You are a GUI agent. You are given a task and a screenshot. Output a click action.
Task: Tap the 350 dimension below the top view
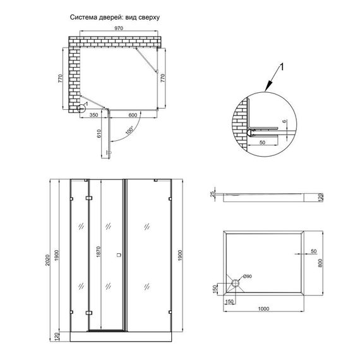[x=93, y=116]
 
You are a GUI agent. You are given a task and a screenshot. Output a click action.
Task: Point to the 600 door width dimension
[x=133, y=116]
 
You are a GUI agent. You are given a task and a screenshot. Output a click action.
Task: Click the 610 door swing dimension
[x=99, y=135]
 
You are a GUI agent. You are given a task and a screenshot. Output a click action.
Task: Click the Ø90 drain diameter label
[x=247, y=277]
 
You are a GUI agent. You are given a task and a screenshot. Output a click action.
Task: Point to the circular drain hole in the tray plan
[x=237, y=283]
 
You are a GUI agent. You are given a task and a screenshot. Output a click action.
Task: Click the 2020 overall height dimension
[x=53, y=260]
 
